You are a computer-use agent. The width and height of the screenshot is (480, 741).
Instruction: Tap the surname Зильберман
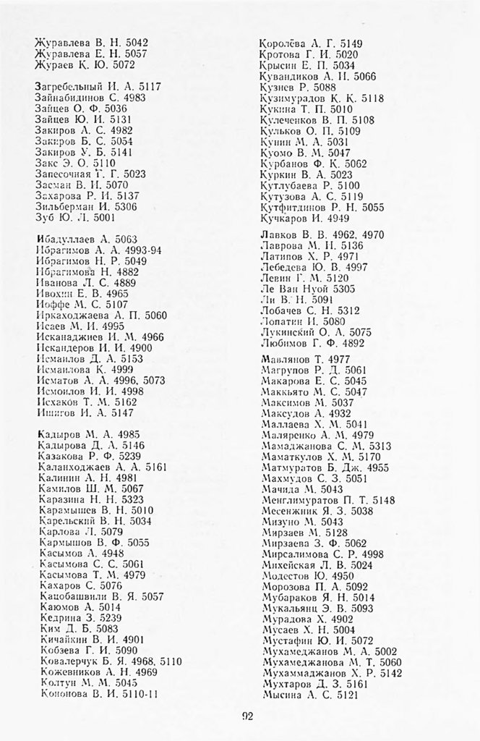[x=64, y=206]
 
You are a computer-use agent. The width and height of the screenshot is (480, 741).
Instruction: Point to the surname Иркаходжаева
[x=71, y=315]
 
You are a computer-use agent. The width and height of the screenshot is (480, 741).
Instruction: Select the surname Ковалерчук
[x=67, y=661]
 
